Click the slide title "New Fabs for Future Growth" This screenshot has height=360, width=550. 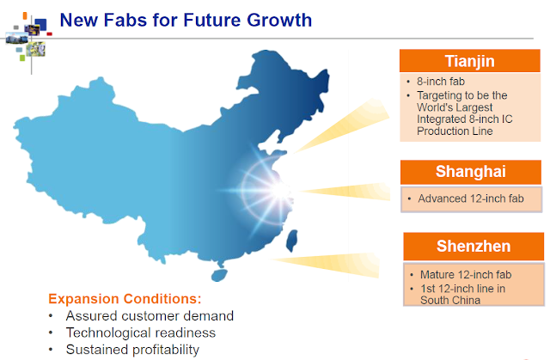(186, 20)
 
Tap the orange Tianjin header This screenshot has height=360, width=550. (470, 61)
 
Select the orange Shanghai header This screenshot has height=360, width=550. (471, 172)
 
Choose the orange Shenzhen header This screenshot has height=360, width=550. (474, 246)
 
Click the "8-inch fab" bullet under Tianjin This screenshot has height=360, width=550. (441, 82)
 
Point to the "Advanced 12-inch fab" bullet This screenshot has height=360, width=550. (471, 198)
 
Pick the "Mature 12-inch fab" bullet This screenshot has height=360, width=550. (466, 274)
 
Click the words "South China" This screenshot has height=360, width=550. (450, 301)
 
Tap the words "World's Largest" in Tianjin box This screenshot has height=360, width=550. (455, 107)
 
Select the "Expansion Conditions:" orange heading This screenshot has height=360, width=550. (125, 299)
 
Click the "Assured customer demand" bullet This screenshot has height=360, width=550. (150, 316)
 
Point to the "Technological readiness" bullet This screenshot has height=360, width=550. (141, 333)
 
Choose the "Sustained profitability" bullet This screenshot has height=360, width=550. (132, 350)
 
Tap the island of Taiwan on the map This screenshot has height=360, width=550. (291, 241)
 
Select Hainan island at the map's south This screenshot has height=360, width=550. (219, 274)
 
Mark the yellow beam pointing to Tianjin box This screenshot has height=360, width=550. (342, 125)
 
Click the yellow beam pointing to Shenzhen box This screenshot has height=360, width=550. (327, 265)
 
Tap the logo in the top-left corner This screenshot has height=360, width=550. (29, 39)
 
